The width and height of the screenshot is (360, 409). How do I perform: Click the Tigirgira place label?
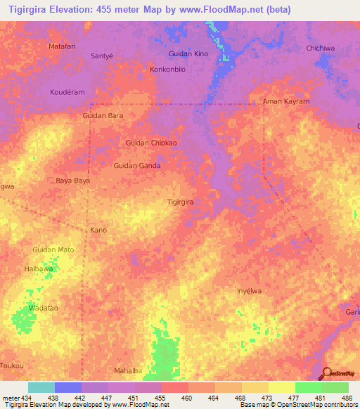[179, 202]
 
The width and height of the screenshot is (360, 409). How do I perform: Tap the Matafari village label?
[62, 46]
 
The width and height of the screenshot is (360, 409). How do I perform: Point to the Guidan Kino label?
[188, 54]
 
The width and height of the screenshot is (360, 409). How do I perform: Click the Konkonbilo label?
[167, 70]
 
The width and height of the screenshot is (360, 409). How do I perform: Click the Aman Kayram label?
[285, 101]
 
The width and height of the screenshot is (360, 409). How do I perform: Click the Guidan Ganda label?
[137, 166]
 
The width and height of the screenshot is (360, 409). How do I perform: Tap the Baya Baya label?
[73, 181]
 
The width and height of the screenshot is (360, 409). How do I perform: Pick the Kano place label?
[98, 230]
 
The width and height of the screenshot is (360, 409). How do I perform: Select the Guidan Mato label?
[53, 249]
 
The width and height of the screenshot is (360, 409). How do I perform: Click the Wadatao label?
[43, 308]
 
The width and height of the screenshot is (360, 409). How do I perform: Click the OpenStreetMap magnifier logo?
[327, 375]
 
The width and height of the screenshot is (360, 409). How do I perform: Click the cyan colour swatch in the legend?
[41, 388]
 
